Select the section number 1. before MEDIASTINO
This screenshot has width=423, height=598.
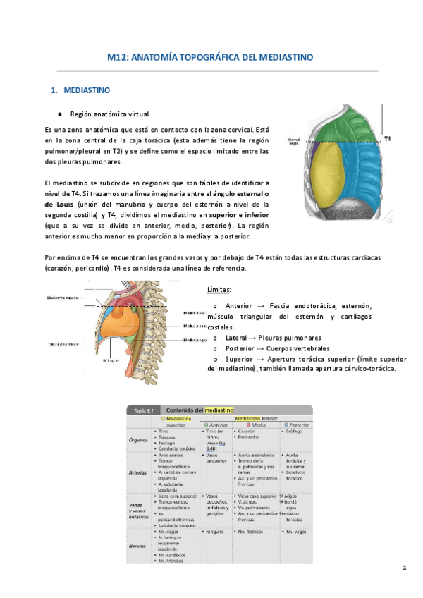point(54,91)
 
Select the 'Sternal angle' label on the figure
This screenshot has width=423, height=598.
point(295,141)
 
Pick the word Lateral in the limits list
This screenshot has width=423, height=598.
point(239,337)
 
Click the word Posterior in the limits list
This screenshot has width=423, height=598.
point(242,348)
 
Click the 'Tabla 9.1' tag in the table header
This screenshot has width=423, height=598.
point(141,410)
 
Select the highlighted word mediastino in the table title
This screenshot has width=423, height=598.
point(219,410)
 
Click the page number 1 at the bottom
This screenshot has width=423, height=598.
point(405,568)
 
